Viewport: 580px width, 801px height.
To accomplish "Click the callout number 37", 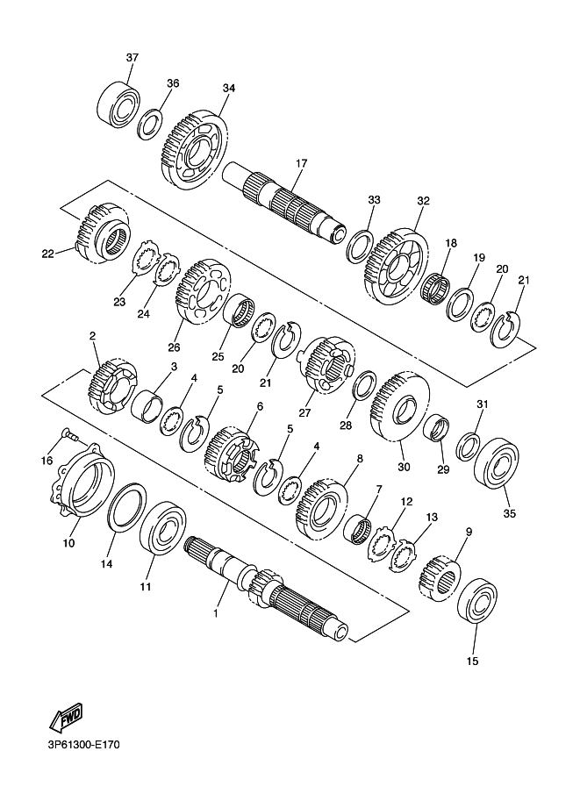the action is point(132,58).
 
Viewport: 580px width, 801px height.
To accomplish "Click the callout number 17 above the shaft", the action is point(302,163).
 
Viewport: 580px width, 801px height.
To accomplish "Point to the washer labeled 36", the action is point(150,124).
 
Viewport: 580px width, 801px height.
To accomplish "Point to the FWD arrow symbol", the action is point(66,719).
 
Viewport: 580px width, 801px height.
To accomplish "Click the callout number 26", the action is point(174,347).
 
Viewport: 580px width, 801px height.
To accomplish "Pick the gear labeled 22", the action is point(102,233).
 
